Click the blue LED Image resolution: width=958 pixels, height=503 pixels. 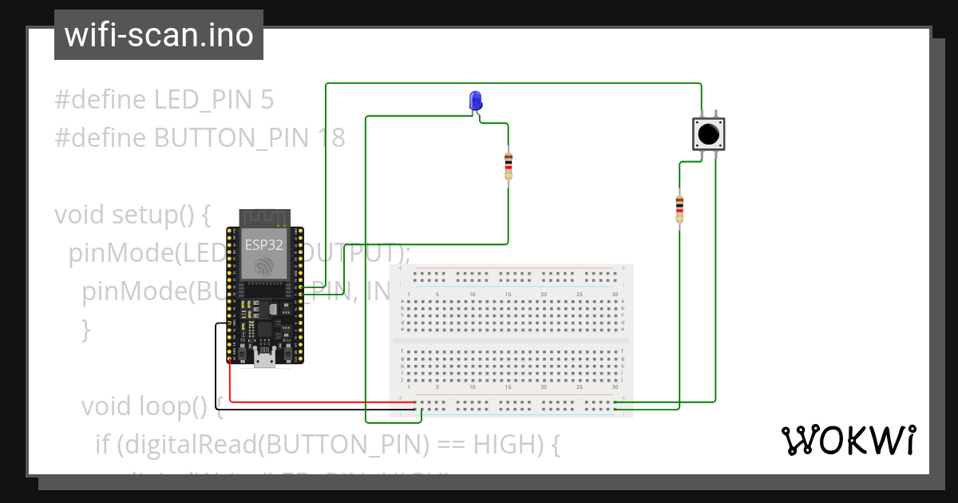pyautogui.click(x=475, y=101)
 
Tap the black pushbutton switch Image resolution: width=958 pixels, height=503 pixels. pyautogui.click(x=707, y=133)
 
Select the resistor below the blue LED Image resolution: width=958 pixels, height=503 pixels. pyautogui.click(x=509, y=166)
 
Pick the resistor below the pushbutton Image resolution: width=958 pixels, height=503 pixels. pyautogui.click(x=679, y=208)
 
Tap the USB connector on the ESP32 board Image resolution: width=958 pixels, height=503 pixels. pyautogui.click(x=264, y=358)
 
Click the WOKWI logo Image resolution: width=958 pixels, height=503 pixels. pyautogui.click(x=847, y=440)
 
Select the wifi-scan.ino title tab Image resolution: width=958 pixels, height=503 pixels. pyautogui.click(x=159, y=35)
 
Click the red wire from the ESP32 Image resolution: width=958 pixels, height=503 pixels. pyautogui.click(x=319, y=402)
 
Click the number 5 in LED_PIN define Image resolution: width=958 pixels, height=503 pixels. pyautogui.click(x=267, y=100)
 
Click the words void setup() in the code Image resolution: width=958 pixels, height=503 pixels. pyautogui.click(x=131, y=215)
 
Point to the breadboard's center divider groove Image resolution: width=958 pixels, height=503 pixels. pyautogui.click(x=511, y=341)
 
